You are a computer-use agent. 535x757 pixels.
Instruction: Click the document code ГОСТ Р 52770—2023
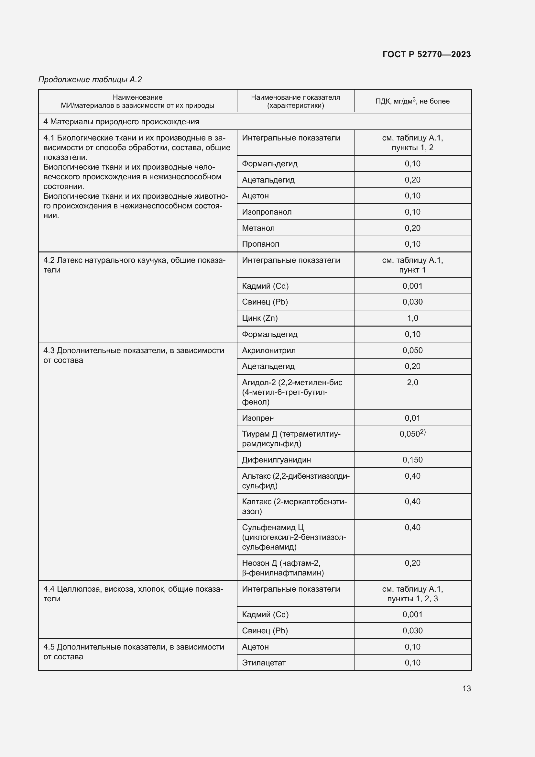point(426,54)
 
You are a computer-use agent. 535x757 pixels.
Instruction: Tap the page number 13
point(466,688)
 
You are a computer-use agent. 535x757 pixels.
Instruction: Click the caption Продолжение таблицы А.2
point(90,80)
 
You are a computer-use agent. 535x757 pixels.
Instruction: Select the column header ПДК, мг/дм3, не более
point(412,101)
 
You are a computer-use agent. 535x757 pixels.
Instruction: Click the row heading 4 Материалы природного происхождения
point(121,122)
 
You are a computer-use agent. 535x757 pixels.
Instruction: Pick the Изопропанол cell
point(267,212)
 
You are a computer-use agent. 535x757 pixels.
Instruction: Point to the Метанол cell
point(258,228)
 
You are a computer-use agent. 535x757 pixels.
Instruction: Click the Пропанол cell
point(260,244)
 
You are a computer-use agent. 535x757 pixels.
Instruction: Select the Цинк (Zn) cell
point(260,318)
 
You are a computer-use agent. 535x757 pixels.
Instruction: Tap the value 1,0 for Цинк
point(412,318)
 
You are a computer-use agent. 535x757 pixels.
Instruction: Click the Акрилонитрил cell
point(268,351)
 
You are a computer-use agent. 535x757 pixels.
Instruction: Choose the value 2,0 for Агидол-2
point(412,383)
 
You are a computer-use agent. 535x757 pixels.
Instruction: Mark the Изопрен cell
point(257,418)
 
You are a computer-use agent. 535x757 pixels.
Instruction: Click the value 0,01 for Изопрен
point(412,418)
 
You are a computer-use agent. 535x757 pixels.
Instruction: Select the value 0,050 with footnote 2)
point(412,434)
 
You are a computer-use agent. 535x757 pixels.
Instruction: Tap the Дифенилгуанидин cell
point(276,460)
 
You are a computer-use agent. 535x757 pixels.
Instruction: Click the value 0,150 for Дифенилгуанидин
point(412,460)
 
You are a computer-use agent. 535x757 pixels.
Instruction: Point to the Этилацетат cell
point(264,663)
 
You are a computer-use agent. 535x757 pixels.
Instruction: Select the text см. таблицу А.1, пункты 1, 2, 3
point(412,594)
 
